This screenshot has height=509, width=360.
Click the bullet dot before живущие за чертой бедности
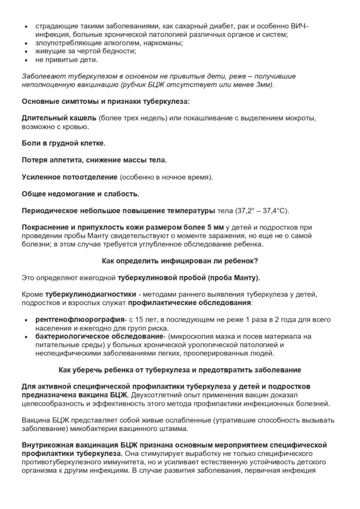click(26, 52)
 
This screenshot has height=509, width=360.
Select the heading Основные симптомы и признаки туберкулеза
click(105, 102)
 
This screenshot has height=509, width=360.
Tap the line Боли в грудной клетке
click(64, 143)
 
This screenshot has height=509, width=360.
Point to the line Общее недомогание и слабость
click(81, 193)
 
